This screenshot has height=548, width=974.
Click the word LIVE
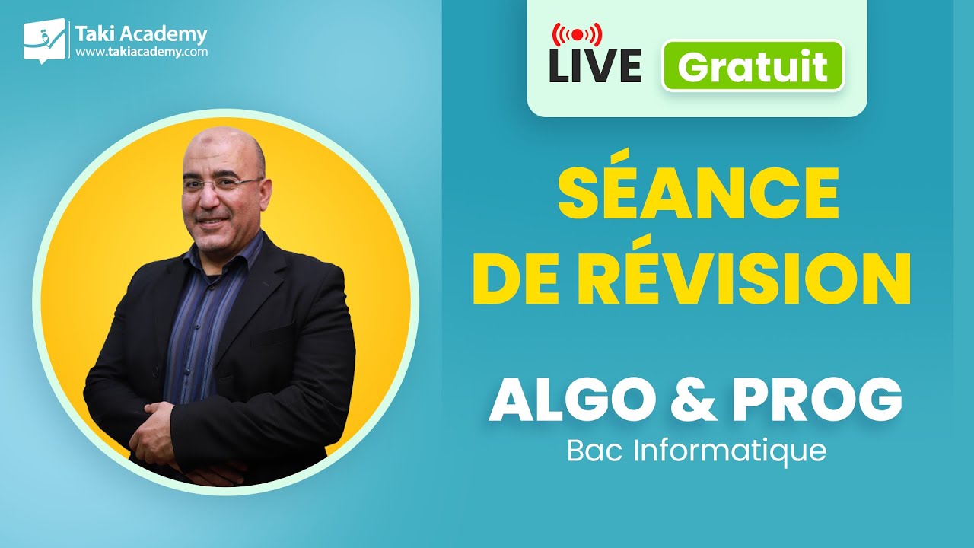pos(594,66)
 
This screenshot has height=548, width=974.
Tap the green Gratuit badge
pos(753,66)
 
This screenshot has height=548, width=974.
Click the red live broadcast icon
pos(576,34)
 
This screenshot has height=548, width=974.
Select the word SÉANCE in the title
pos(698,195)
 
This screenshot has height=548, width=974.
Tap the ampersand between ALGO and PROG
pos(698,400)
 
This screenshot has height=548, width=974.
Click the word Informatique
pos(730,450)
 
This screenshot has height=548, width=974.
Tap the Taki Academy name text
pos(141,34)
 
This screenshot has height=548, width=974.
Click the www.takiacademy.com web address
pos(141,53)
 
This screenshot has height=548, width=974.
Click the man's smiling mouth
pos(213,221)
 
